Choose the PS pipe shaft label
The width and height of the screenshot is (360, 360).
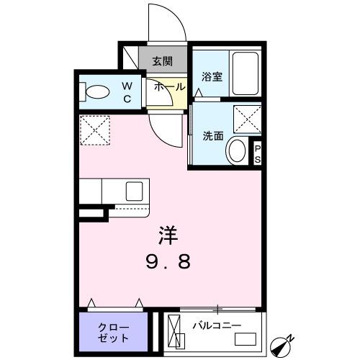click(257, 154)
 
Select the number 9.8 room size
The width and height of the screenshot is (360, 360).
click(171, 261)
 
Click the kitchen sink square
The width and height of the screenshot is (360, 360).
click(135, 192)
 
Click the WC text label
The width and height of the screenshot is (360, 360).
click(126, 92)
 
